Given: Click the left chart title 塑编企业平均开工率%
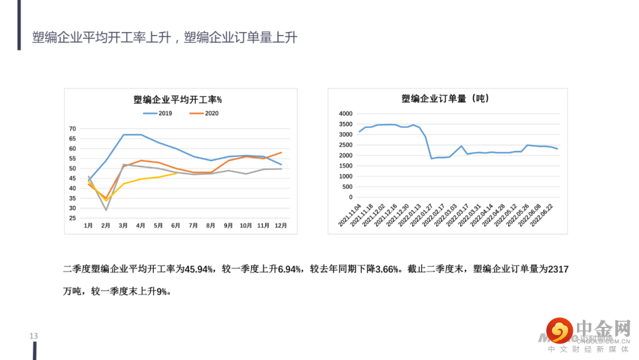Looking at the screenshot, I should pyautogui.click(x=177, y=99).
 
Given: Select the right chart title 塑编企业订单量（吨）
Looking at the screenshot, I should pyautogui.click(x=446, y=98).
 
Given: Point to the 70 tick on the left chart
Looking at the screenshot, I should pyautogui.click(x=72, y=128).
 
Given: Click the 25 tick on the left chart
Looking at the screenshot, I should pyautogui.click(x=72, y=218).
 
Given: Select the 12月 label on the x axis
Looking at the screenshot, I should pyautogui.click(x=280, y=226).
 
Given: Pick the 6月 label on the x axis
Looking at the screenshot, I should pyautogui.click(x=176, y=226).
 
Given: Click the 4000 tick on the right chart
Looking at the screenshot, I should pyautogui.click(x=346, y=114).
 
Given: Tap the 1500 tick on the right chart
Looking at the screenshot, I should pyautogui.click(x=346, y=166).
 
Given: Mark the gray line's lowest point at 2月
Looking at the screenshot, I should pyautogui.click(x=106, y=210).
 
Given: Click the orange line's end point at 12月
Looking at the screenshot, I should pyautogui.click(x=281, y=152).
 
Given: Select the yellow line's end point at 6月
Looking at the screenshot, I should pyautogui.click(x=176, y=173).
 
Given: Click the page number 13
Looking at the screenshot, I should pyautogui.click(x=34, y=336).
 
